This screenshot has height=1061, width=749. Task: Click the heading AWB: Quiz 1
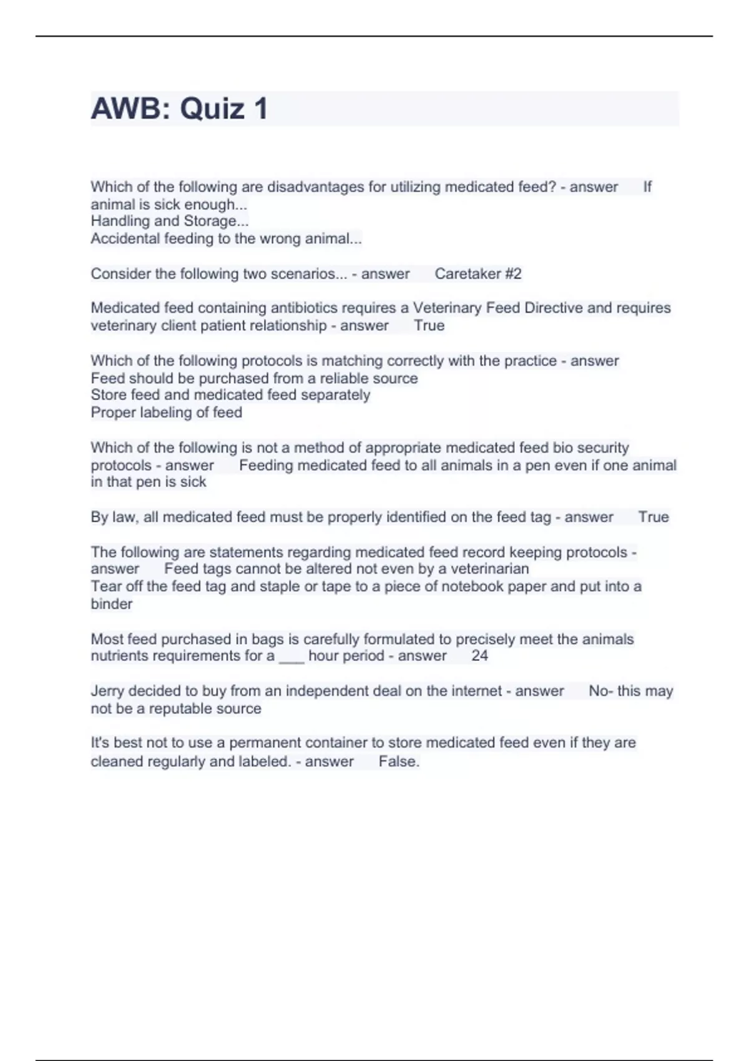coord(180,109)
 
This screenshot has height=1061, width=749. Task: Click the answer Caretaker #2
coord(477,273)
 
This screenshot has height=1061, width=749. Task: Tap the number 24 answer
coord(479,655)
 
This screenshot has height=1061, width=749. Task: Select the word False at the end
coord(398,761)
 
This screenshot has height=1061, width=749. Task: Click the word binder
coord(111,604)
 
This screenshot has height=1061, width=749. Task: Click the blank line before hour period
coord(291,657)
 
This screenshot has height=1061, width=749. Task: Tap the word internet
coord(476,691)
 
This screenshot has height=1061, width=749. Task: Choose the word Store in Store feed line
coord(107,394)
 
